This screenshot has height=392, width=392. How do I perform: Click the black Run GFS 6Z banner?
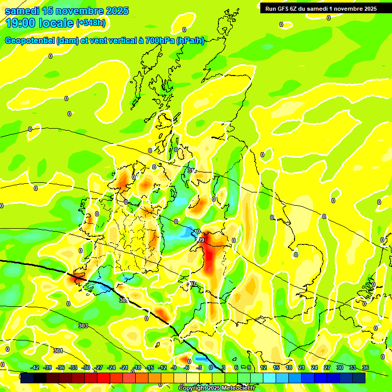(321, 8)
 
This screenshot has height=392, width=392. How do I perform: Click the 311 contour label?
(191, 170)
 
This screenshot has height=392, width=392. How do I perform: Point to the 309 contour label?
(200, 240)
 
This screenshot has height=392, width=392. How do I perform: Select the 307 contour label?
(192, 284)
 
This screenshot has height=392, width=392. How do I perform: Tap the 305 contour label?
(123, 301)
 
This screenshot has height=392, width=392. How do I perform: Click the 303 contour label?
(83, 326)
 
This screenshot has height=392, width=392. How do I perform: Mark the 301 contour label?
(58, 351)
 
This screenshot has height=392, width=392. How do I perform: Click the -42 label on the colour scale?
(35, 368)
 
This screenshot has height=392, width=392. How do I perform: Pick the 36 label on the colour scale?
(365, 368)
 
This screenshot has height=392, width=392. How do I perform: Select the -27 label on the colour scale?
(99, 368)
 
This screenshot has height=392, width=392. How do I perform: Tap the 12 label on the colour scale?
(263, 368)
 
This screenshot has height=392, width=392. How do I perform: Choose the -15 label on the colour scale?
(150, 368)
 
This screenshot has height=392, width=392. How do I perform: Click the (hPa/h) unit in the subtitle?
(190, 41)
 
